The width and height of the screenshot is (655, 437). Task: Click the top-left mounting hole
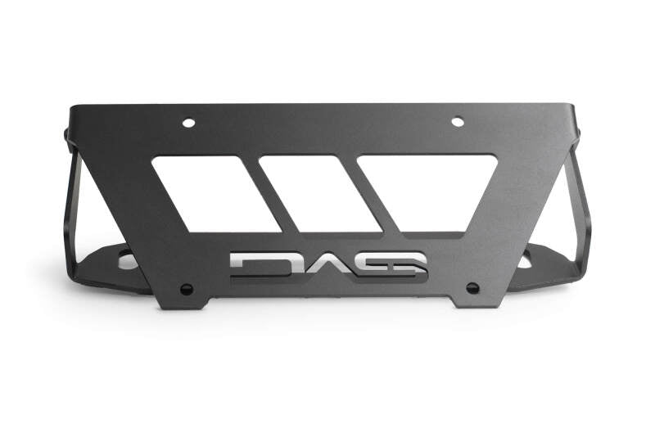click(x=188, y=123)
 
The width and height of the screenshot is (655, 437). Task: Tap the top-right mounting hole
click(x=458, y=122)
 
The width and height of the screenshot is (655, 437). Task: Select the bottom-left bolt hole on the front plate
click(x=187, y=289)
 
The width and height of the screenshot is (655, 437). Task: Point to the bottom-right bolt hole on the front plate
click(x=472, y=288)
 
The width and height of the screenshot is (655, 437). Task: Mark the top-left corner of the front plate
click(x=72, y=106)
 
